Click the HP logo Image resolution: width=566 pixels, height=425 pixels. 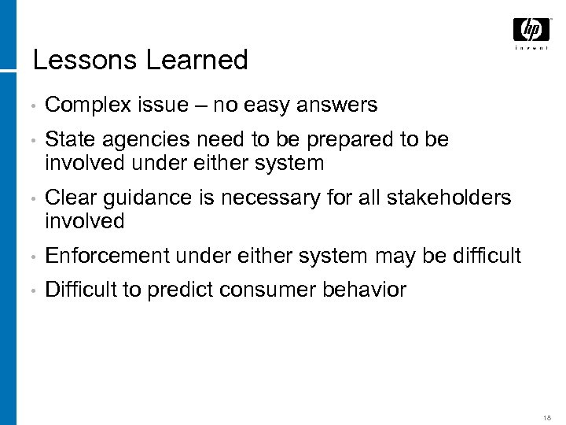point(531,30)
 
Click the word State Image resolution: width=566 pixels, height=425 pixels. point(68,140)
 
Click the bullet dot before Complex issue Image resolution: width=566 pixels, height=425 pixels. point(27,105)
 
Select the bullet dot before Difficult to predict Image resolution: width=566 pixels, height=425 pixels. point(27,290)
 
